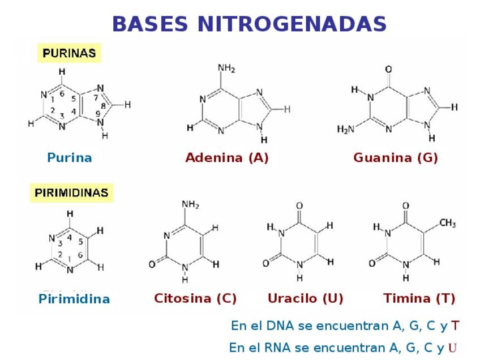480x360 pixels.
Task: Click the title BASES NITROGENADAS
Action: tap(249, 24)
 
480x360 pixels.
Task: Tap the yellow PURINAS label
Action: tap(69, 54)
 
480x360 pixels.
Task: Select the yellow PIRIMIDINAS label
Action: tap(71, 192)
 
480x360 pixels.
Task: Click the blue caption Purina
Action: tap(69, 158)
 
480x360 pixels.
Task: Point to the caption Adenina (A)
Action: tap(227, 158)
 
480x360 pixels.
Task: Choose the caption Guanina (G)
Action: tap(396, 158)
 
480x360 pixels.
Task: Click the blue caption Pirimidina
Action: tap(74, 299)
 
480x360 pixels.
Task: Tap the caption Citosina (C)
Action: tap(195, 298)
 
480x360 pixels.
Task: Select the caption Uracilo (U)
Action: tap(306, 298)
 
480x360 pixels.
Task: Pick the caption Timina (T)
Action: tap(419, 298)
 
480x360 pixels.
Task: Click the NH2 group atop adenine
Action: tap(226, 68)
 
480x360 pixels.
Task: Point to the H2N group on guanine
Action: tap(346, 129)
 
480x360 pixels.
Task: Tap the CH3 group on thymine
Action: tap(447, 224)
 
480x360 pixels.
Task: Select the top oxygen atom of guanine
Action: tap(388, 70)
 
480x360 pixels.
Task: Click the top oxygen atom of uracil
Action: tap(299, 205)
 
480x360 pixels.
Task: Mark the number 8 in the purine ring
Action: tap(103, 106)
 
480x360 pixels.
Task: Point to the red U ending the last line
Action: tap(453, 348)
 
